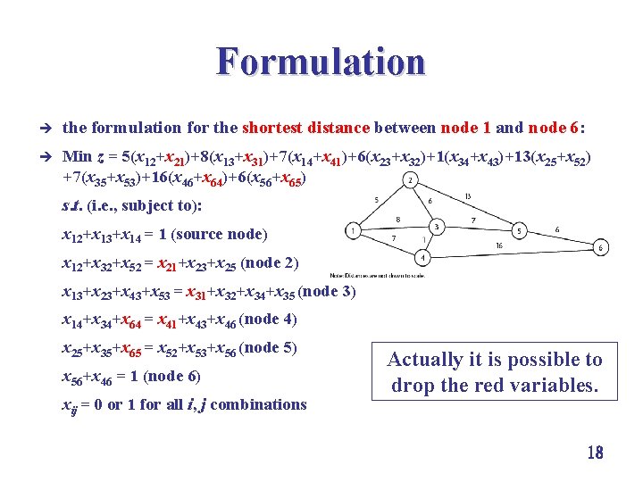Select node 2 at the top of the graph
click(x=409, y=181)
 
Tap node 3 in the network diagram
click(x=437, y=228)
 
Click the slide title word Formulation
click(x=321, y=62)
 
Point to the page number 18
click(x=595, y=453)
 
